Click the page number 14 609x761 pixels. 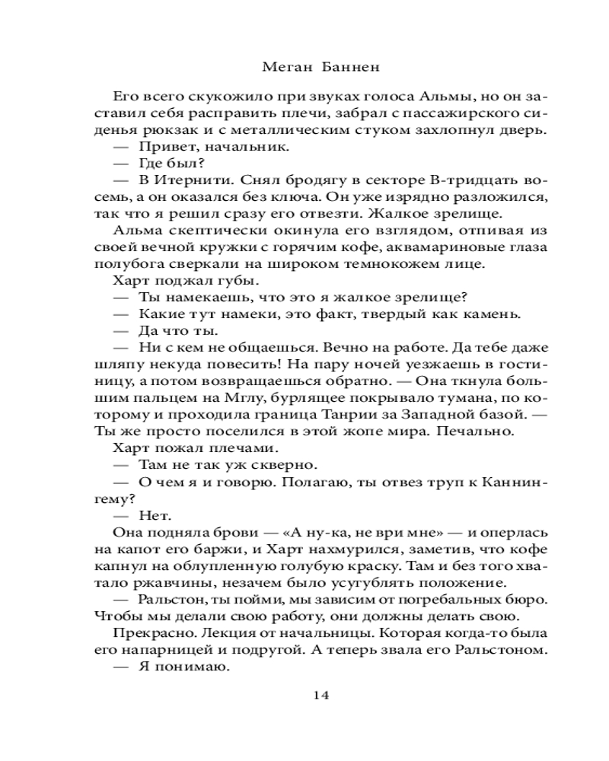pos(320,694)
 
